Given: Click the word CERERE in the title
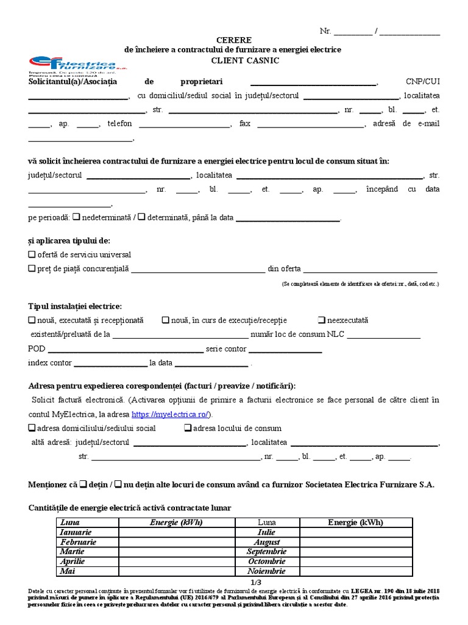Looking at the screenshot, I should click(233, 40).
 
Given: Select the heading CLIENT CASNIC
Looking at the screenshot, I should click(233, 60).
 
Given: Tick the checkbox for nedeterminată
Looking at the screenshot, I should click(76, 217).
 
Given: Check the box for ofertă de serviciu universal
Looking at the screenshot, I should click(32, 255).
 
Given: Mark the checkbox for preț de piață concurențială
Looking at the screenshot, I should click(32, 269).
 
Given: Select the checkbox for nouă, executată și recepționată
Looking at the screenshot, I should click(32, 320).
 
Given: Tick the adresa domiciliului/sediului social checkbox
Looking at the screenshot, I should click(32, 428).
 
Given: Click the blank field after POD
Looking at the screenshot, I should click(126, 350).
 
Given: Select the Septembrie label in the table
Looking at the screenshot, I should click(266, 552).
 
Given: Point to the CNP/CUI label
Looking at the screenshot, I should click(423, 82).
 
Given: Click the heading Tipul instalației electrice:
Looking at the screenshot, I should click(75, 306).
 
